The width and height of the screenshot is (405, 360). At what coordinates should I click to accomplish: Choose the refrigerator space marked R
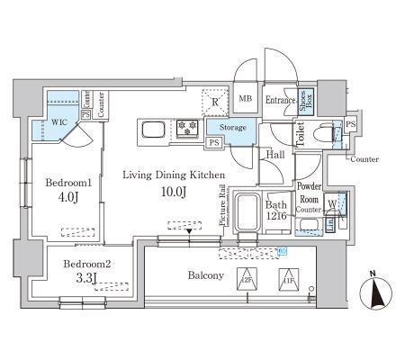213,102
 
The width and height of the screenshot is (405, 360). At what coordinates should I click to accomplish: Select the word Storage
232,128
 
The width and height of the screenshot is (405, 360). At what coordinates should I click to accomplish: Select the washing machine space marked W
333,204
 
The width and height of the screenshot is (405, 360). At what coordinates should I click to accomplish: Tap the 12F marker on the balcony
246,279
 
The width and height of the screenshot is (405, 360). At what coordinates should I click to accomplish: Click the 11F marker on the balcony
286,279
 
